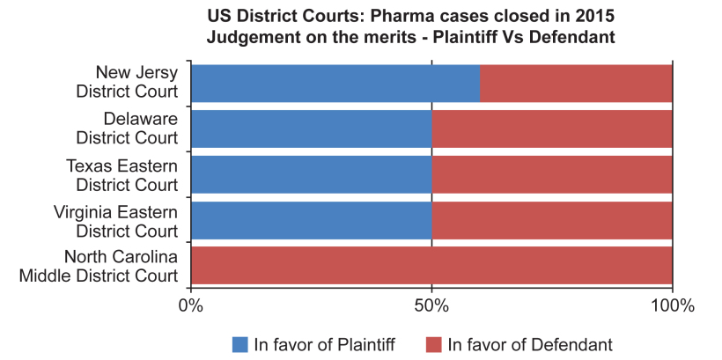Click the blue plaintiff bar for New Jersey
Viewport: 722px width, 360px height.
(335, 83)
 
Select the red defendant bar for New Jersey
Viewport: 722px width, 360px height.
(577, 83)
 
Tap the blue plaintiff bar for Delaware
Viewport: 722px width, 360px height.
(311, 129)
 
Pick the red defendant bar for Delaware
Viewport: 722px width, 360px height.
(552, 129)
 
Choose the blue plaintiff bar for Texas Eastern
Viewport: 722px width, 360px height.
(311, 174)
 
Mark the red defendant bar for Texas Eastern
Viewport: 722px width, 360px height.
(552, 174)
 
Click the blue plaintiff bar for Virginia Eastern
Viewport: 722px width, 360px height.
(311, 220)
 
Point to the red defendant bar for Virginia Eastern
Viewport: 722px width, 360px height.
(552, 220)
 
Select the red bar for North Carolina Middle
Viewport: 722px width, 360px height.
(431, 265)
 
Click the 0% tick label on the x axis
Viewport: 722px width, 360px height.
(190, 306)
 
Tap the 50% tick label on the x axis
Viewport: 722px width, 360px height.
(431, 306)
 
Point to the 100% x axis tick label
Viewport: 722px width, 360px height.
(672, 306)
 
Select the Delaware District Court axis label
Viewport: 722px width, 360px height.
(127, 128)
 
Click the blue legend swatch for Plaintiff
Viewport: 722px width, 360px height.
(240, 344)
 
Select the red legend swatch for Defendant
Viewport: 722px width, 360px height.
(433, 344)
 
